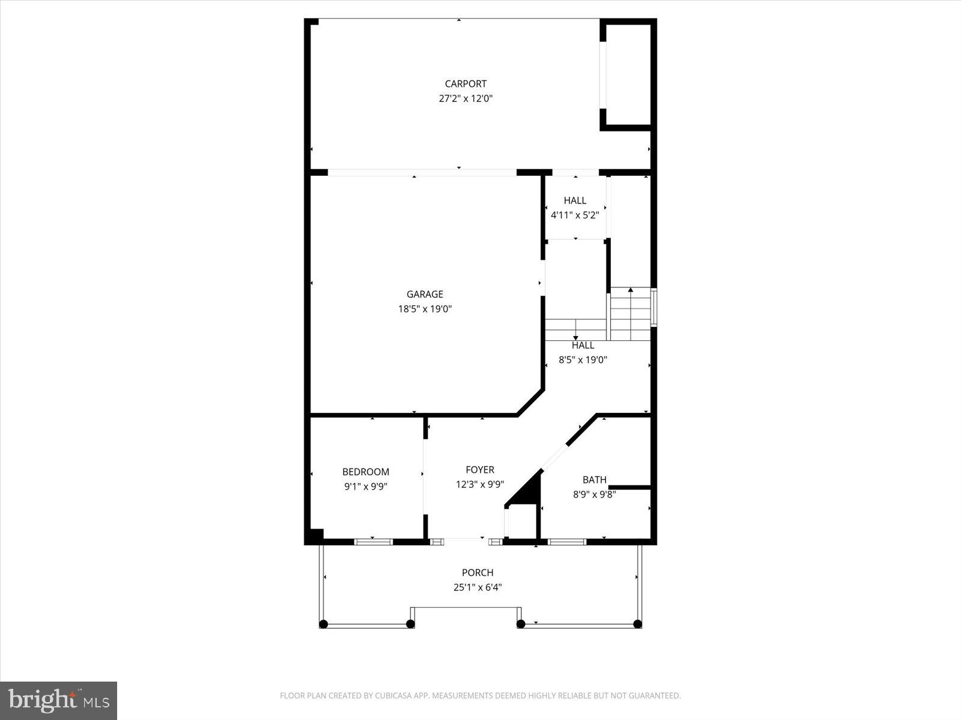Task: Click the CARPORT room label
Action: pyautogui.click(x=465, y=84)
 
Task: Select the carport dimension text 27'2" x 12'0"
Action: pyautogui.click(x=465, y=98)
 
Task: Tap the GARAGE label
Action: pyautogui.click(x=425, y=294)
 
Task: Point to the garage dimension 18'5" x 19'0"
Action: pyautogui.click(x=425, y=309)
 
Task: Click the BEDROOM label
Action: pyautogui.click(x=366, y=472)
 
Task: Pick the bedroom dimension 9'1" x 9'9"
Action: pyautogui.click(x=366, y=487)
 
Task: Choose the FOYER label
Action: pyautogui.click(x=480, y=470)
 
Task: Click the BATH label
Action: pyautogui.click(x=594, y=480)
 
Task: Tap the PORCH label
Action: pyautogui.click(x=477, y=573)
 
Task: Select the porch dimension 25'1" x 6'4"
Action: pyautogui.click(x=477, y=587)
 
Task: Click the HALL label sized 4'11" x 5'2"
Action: pyautogui.click(x=575, y=200)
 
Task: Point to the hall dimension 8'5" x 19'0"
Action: pyautogui.click(x=583, y=360)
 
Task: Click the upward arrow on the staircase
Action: pyautogui.click(x=631, y=290)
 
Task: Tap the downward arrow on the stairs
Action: pyautogui.click(x=575, y=338)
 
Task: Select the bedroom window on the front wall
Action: pyautogui.click(x=373, y=542)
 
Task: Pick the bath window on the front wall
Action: pyautogui.click(x=567, y=542)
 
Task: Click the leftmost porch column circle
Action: pyautogui.click(x=323, y=624)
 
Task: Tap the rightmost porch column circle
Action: pyautogui.click(x=637, y=624)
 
